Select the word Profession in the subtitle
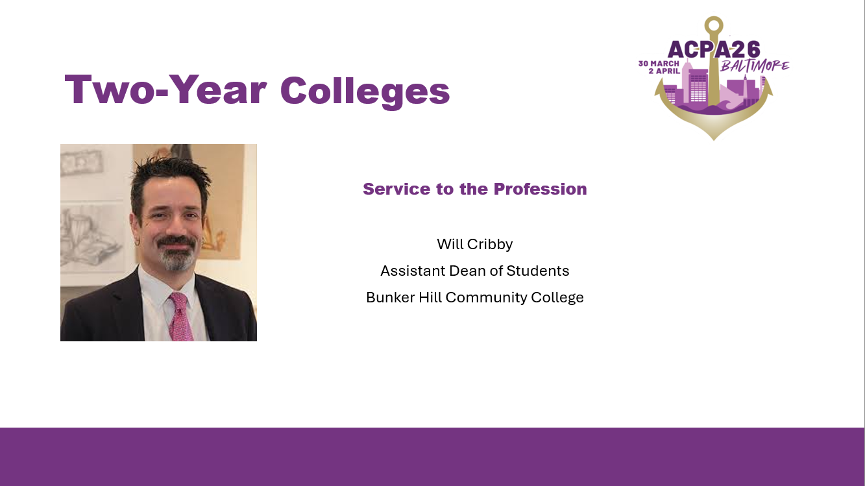pos(541,189)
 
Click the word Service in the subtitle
pos(396,189)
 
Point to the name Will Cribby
pos(474,245)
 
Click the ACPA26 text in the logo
pos(714,49)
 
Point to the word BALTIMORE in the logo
pos(755,66)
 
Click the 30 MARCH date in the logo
pos(659,64)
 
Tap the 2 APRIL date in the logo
pos(664,71)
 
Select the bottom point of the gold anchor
pos(714,140)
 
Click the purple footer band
pos(432,457)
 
